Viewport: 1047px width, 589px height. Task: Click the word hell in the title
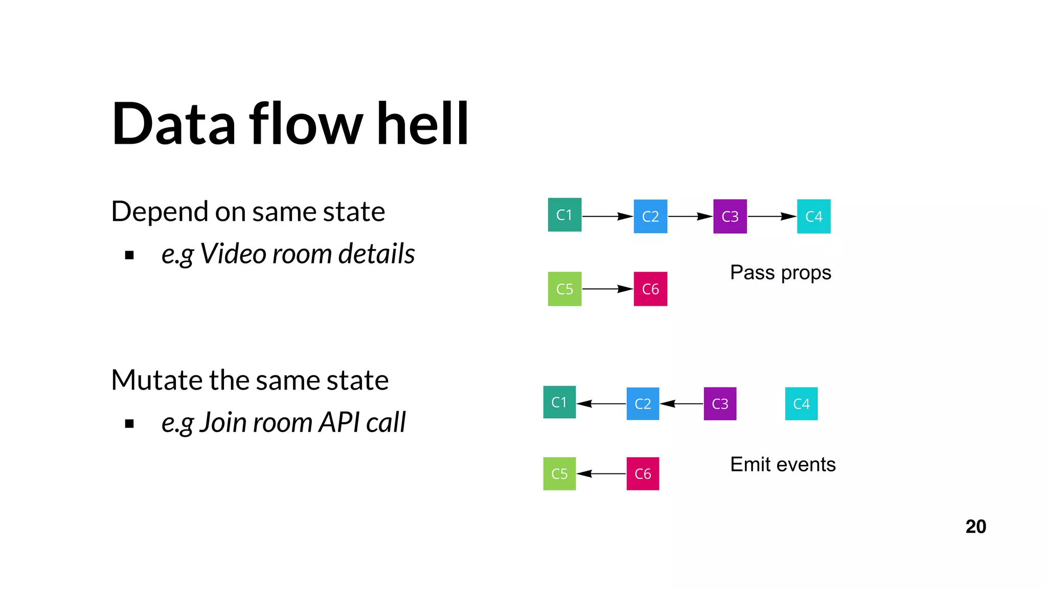point(422,124)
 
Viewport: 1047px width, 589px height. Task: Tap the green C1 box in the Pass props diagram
point(564,215)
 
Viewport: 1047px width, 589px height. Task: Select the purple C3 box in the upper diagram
point(730,216)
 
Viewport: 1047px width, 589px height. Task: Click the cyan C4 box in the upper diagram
point(813,216)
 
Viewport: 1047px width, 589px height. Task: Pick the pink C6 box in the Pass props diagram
point(650,289)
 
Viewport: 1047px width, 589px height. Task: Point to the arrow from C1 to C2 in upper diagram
point(607,216)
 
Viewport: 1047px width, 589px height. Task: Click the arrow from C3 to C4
point(771,216)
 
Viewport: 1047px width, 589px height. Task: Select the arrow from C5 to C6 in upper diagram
point(607,289)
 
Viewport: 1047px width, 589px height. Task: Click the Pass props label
point(780,273)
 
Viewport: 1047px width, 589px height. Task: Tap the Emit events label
point(782,464)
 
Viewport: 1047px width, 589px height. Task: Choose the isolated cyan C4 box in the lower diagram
point(801,404)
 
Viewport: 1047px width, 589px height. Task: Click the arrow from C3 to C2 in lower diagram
point(681,404)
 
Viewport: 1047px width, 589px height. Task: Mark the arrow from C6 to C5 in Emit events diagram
point(601,473)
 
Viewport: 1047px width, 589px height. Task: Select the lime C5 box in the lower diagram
point(559,473)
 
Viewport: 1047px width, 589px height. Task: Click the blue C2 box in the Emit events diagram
point(643,404)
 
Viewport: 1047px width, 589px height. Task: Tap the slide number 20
point(975,527)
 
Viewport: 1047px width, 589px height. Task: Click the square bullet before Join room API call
point(129,423)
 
